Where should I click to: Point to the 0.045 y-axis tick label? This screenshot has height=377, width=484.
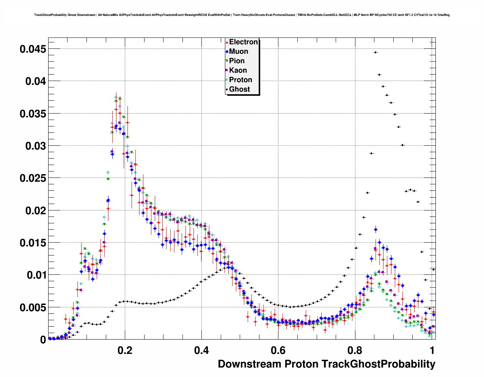33,49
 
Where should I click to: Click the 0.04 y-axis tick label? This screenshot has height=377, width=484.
36,81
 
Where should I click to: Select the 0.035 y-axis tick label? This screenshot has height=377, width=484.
33,114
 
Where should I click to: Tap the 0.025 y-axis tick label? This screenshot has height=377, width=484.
33,178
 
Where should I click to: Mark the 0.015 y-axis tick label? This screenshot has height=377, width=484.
33,243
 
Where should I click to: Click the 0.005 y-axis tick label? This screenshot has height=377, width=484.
33,307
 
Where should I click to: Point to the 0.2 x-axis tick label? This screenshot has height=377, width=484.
125,350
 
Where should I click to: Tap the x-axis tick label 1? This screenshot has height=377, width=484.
432,350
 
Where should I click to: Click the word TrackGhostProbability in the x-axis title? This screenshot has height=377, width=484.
378,364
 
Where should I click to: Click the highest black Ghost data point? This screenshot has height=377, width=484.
375,52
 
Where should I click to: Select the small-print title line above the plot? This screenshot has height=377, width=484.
242,15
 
